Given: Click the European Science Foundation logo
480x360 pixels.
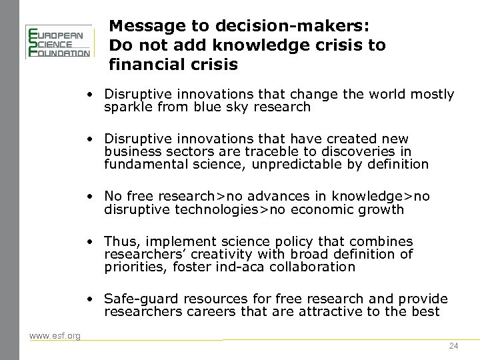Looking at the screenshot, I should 57,42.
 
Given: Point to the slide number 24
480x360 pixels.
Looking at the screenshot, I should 454,345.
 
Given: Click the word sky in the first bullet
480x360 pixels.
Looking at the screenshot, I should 229,107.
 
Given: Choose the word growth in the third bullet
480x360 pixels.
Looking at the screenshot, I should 382,209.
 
